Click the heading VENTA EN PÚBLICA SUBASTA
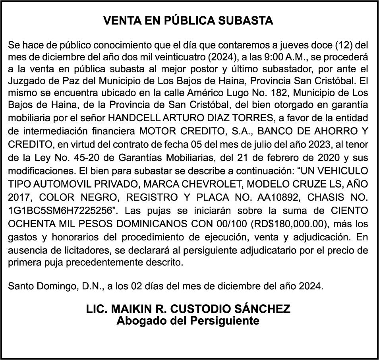pos(188,21)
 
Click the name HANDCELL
pos(131,118)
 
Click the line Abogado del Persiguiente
pos(188,320)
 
